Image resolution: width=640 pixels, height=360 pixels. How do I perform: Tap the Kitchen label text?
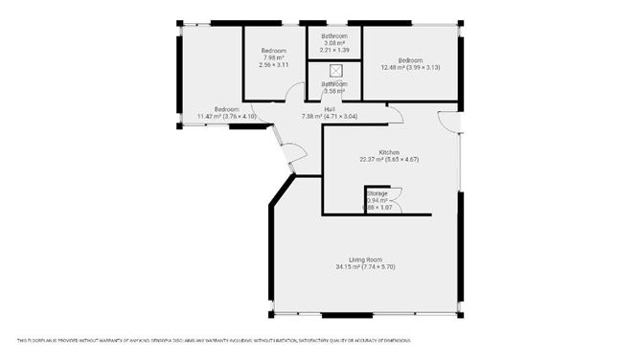(388, 152)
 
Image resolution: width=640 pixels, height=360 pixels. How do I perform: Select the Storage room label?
(377, 193)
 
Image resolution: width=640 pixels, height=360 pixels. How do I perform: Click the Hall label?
(330, 109)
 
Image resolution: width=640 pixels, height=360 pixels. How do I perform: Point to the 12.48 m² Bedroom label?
(410, 60)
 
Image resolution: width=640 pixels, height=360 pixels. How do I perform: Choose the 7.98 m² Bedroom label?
(275, 52)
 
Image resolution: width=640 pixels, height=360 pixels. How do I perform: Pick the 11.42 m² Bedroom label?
(226, 109)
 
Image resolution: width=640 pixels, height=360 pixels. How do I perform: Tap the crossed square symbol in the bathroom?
(335, 70)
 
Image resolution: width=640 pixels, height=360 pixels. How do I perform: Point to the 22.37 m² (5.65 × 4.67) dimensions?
(389, 159)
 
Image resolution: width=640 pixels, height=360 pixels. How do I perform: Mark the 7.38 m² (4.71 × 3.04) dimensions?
(329, 117)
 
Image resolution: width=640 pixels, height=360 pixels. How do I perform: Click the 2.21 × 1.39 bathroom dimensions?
(334, 50)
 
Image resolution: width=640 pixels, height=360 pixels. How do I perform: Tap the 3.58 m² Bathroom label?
(334, 87)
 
